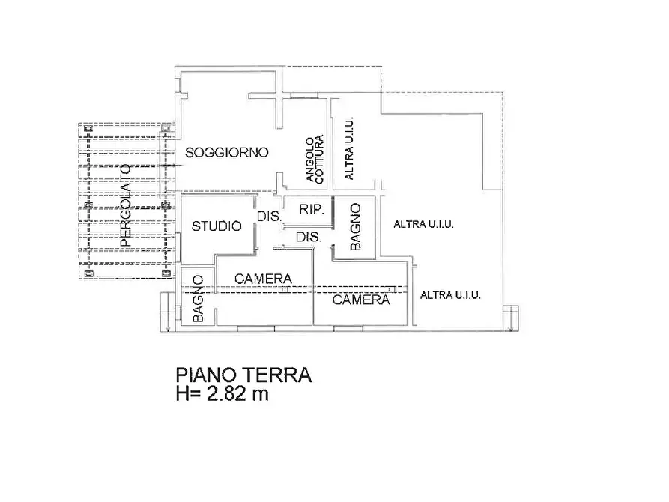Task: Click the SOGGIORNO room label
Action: [x=227, y=153]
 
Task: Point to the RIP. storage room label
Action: [x=311, y=210]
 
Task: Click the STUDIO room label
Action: [x=217, y=226]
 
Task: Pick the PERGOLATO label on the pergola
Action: [x=125, y=206]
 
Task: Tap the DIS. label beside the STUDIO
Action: [x=269, y=216]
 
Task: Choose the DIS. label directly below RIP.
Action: [x=308, y=237]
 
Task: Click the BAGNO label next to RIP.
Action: [x=356, y=226]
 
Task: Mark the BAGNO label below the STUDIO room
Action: [x=198, y=299]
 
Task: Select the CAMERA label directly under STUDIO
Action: [x=263, y=279]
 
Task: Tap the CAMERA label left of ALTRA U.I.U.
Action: [x=362, y=300]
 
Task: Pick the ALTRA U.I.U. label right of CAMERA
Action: [x=450, y=295]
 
